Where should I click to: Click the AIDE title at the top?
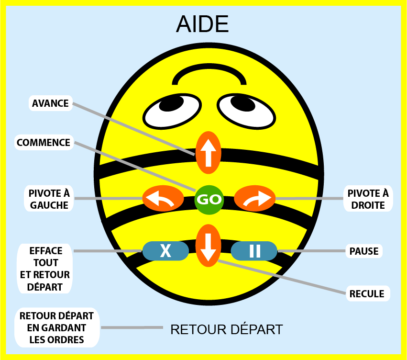point(202,24)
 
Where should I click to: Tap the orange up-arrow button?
point(208,153)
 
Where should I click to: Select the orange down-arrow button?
point(208,246)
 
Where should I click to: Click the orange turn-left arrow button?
point(163,199)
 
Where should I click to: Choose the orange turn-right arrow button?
point(254,199)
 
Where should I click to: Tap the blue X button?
point(165,251)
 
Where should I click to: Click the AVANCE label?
point(50,103)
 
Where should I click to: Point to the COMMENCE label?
point(44,142)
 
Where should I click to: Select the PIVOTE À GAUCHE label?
point(49,199)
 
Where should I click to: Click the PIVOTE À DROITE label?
point(368,199)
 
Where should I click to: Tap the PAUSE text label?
point(364,251)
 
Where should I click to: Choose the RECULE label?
point(367,294)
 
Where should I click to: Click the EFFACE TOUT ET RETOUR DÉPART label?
point(45,269)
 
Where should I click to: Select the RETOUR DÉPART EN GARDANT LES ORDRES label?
point(57,328)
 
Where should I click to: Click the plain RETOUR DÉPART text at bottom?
point(227,330)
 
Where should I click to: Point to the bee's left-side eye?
point(172,112)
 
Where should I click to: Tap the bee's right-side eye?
point(246,112)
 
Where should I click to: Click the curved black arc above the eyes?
point(209,65)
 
